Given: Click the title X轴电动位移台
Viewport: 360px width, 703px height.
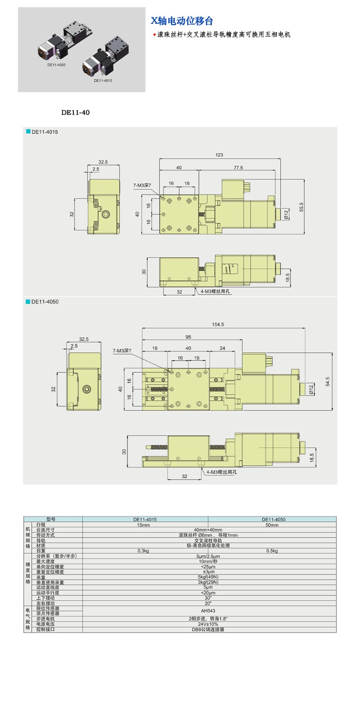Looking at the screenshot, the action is pyautogui.click(x=182, y=21).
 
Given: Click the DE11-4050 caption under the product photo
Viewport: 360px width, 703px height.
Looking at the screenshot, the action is pyautogui.click(x=57, y=65).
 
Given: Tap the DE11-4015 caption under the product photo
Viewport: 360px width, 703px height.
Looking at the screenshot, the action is pyautogui.click(x=103, y=81).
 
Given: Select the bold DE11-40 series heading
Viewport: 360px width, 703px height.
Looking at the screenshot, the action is pyautogui.click(x=75, y=112).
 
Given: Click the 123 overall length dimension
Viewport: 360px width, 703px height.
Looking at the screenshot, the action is pyautogui.click(x=219, y=155).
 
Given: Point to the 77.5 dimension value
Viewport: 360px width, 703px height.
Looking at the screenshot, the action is pyautogui.click(x=238, y=167).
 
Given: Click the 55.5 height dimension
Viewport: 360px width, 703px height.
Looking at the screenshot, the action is pyautogui.click(x=301, y=207).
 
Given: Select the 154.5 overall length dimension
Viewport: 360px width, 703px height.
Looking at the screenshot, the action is pyautogui.click(x=218, y=325).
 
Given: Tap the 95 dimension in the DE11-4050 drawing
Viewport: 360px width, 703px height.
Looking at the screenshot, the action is pyautogui.click(x=188, y=337).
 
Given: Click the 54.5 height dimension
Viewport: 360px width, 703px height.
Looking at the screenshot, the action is pyautogui.click(x=327, y=382).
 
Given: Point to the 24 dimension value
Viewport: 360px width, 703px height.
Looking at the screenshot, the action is pyautogui.click(x=222, y=348).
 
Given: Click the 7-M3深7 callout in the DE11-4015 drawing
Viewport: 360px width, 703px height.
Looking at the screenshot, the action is pyautogui.click(x=142, y=185).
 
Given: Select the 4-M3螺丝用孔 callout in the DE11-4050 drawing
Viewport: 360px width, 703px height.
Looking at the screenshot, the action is pyautogui.click(x=222, y=472).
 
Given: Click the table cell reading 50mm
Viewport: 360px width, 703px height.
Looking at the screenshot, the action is pyautogui.click(x=272, y=525).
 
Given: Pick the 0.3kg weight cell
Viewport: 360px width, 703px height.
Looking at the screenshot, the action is pyautogui.click(x=143, y=551).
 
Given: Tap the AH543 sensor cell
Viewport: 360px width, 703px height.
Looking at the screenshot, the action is pyautogui.click(x=208, y=611).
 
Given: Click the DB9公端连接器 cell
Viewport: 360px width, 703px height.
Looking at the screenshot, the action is pyautogui.click(x=208, y=629).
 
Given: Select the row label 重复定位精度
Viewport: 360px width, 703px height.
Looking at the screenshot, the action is pyautogui.click(x=50, y=572).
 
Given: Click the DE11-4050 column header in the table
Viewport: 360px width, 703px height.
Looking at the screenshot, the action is pyautogui.click(x=273, y=519).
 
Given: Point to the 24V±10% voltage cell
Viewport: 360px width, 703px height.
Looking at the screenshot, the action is pyautogui.click(x=208, y=624).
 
